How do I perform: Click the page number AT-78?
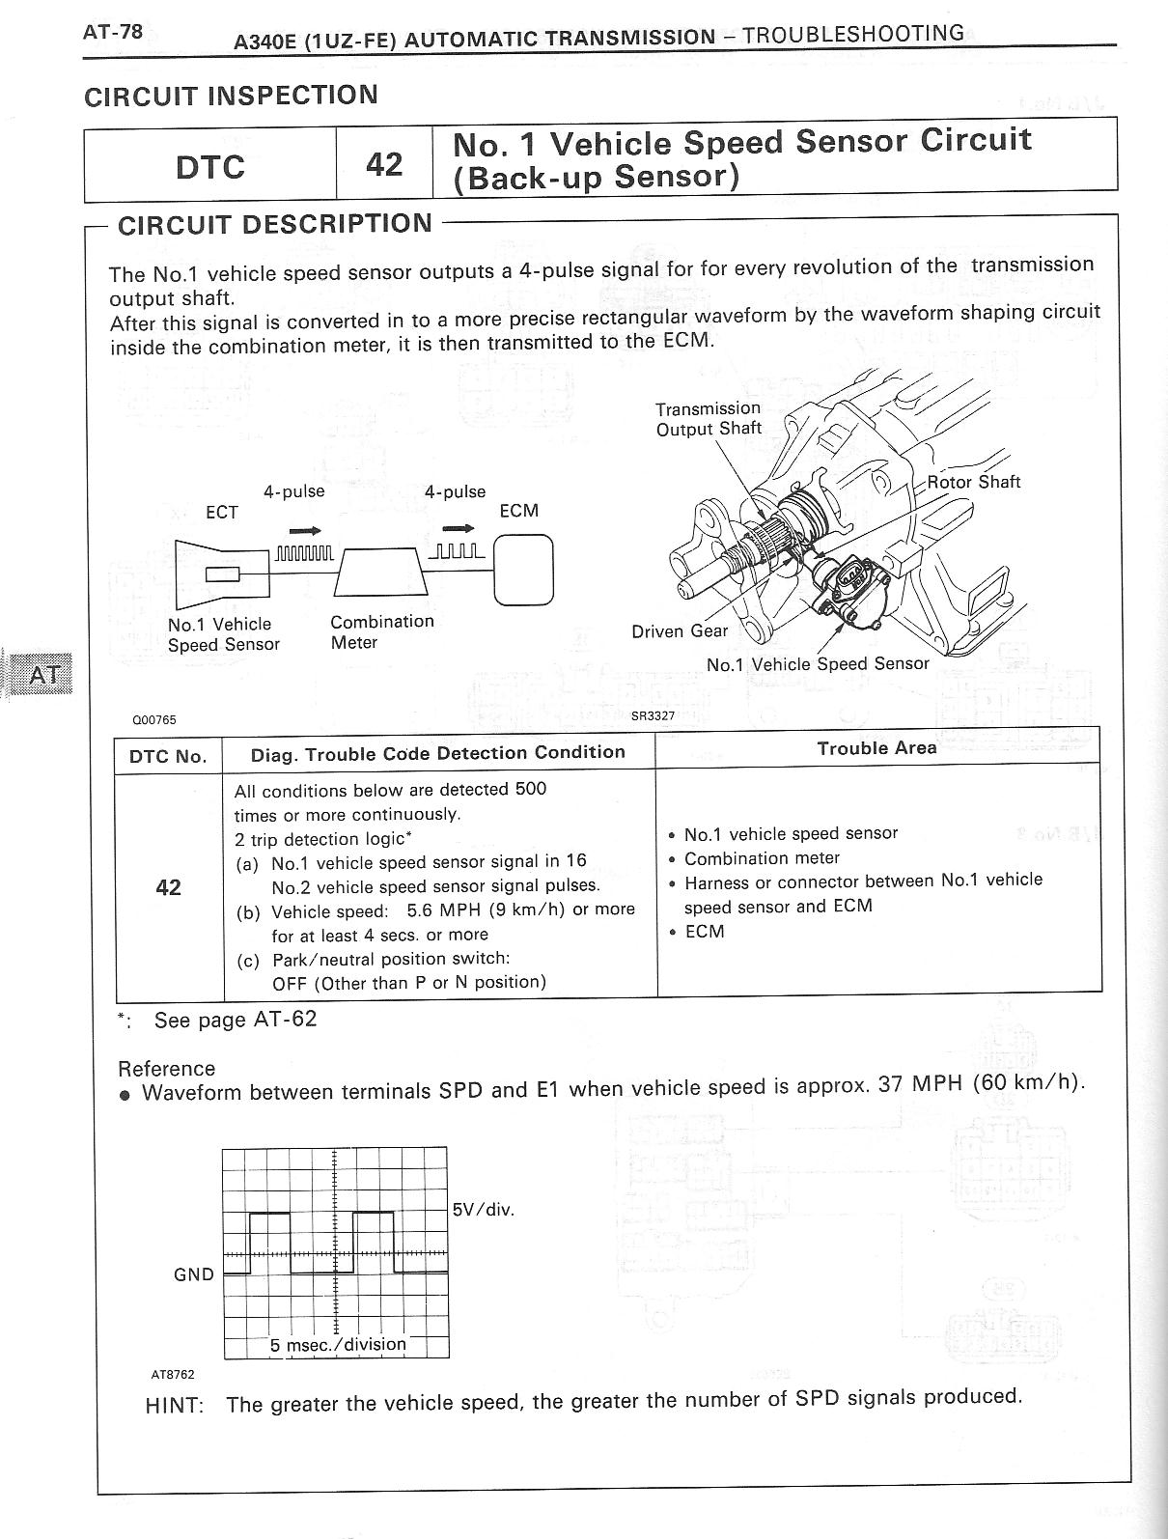click(x=113, y=32)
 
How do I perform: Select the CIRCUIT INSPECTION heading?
click(x=231, y=96)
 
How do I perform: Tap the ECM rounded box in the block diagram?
click(x=524, y=570)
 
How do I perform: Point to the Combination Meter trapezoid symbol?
click(x=382, y=573)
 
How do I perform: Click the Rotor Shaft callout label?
click(x=973, y=482)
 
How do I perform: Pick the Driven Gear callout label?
click(x=680, y=631)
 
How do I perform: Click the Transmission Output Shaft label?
click(x=708, y=419)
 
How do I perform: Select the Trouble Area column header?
click(x=876, y=748)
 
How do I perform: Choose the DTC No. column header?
click(x=168, y=756)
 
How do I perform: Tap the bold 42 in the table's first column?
click(x=168, y=887)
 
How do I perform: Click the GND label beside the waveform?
click(x=194, y=1274)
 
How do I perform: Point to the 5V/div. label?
click(x=484, y=1209)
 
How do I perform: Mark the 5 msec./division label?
click(x=338, y=1344)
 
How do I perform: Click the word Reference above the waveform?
click(x=166, y=1069)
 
